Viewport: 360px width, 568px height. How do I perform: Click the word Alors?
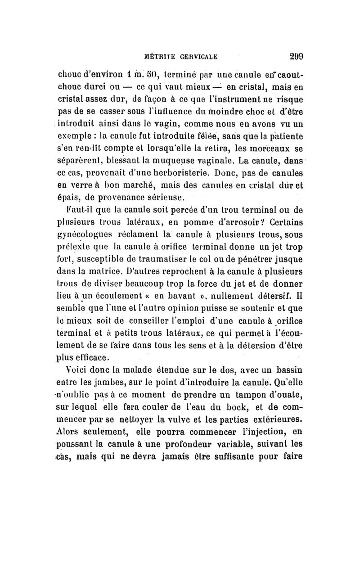68,433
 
